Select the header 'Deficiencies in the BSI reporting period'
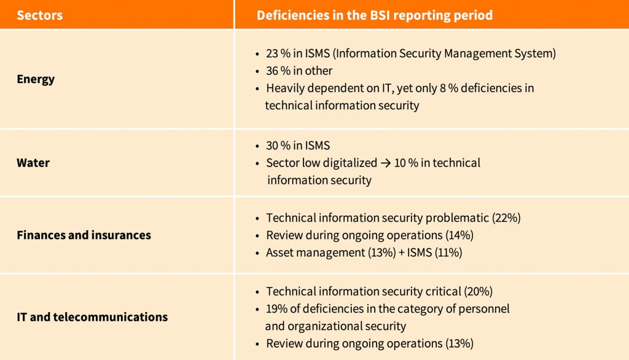tap(374, 15)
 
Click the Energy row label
tap(36, 79)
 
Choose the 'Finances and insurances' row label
tap(84, 235)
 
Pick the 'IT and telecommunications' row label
tap(92, 318)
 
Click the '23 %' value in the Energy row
tap(278, 53)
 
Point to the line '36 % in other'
tap(299, 71)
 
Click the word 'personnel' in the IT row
tap(485, 308)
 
